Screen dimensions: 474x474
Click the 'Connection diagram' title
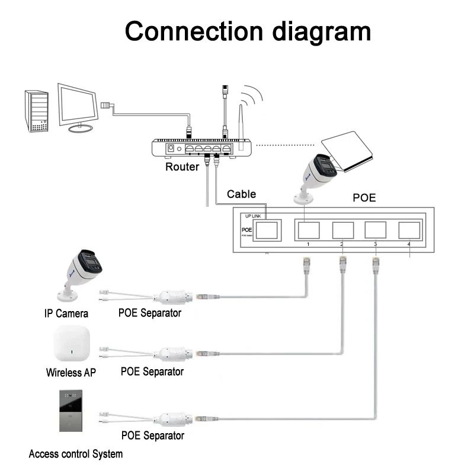coord(248,31)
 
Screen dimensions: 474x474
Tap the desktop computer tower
coord(36,111)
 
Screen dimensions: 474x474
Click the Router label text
coord(182,167)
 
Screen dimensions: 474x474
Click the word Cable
coord(241,194)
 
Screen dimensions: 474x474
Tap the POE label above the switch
coord(364,197)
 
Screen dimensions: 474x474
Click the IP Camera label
coord(66,313)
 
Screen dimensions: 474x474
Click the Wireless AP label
coord(71,373)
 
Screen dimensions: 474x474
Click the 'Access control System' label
coord(76,454)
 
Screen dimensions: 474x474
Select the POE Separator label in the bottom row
coord(152,435)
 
